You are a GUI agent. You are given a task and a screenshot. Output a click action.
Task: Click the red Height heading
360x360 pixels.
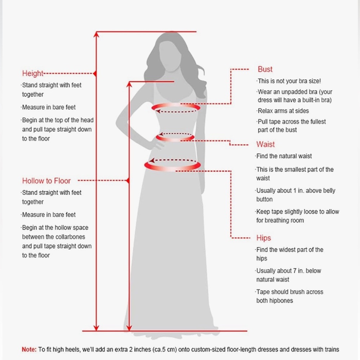pos(33,73)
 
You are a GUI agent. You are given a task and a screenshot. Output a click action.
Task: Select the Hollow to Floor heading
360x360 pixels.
pos(46,181)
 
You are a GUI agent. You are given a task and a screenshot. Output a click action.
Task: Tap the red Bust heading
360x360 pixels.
pos(265,69)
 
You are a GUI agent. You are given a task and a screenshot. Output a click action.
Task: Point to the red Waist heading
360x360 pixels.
pos(265,144)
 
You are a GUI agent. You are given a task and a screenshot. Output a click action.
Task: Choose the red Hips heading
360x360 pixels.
pos(264,238)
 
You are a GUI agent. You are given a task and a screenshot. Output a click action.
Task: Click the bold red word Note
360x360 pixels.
pos(29,350)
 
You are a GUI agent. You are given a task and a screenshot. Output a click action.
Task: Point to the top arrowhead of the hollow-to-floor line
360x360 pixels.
pos(129,85)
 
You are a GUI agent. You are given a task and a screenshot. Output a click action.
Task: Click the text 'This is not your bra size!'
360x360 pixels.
pos(289,81)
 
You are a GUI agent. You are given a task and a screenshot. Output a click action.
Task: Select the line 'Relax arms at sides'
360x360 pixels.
pos(283,111)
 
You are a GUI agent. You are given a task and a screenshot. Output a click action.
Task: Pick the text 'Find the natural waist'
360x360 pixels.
pos(284,156)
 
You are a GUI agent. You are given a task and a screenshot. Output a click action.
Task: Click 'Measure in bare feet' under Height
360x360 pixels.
pos(49,107)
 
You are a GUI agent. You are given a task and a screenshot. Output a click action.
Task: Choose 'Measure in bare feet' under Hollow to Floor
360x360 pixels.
pos(49,215)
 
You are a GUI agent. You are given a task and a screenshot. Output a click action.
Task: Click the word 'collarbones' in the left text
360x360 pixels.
pos(71,237)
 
